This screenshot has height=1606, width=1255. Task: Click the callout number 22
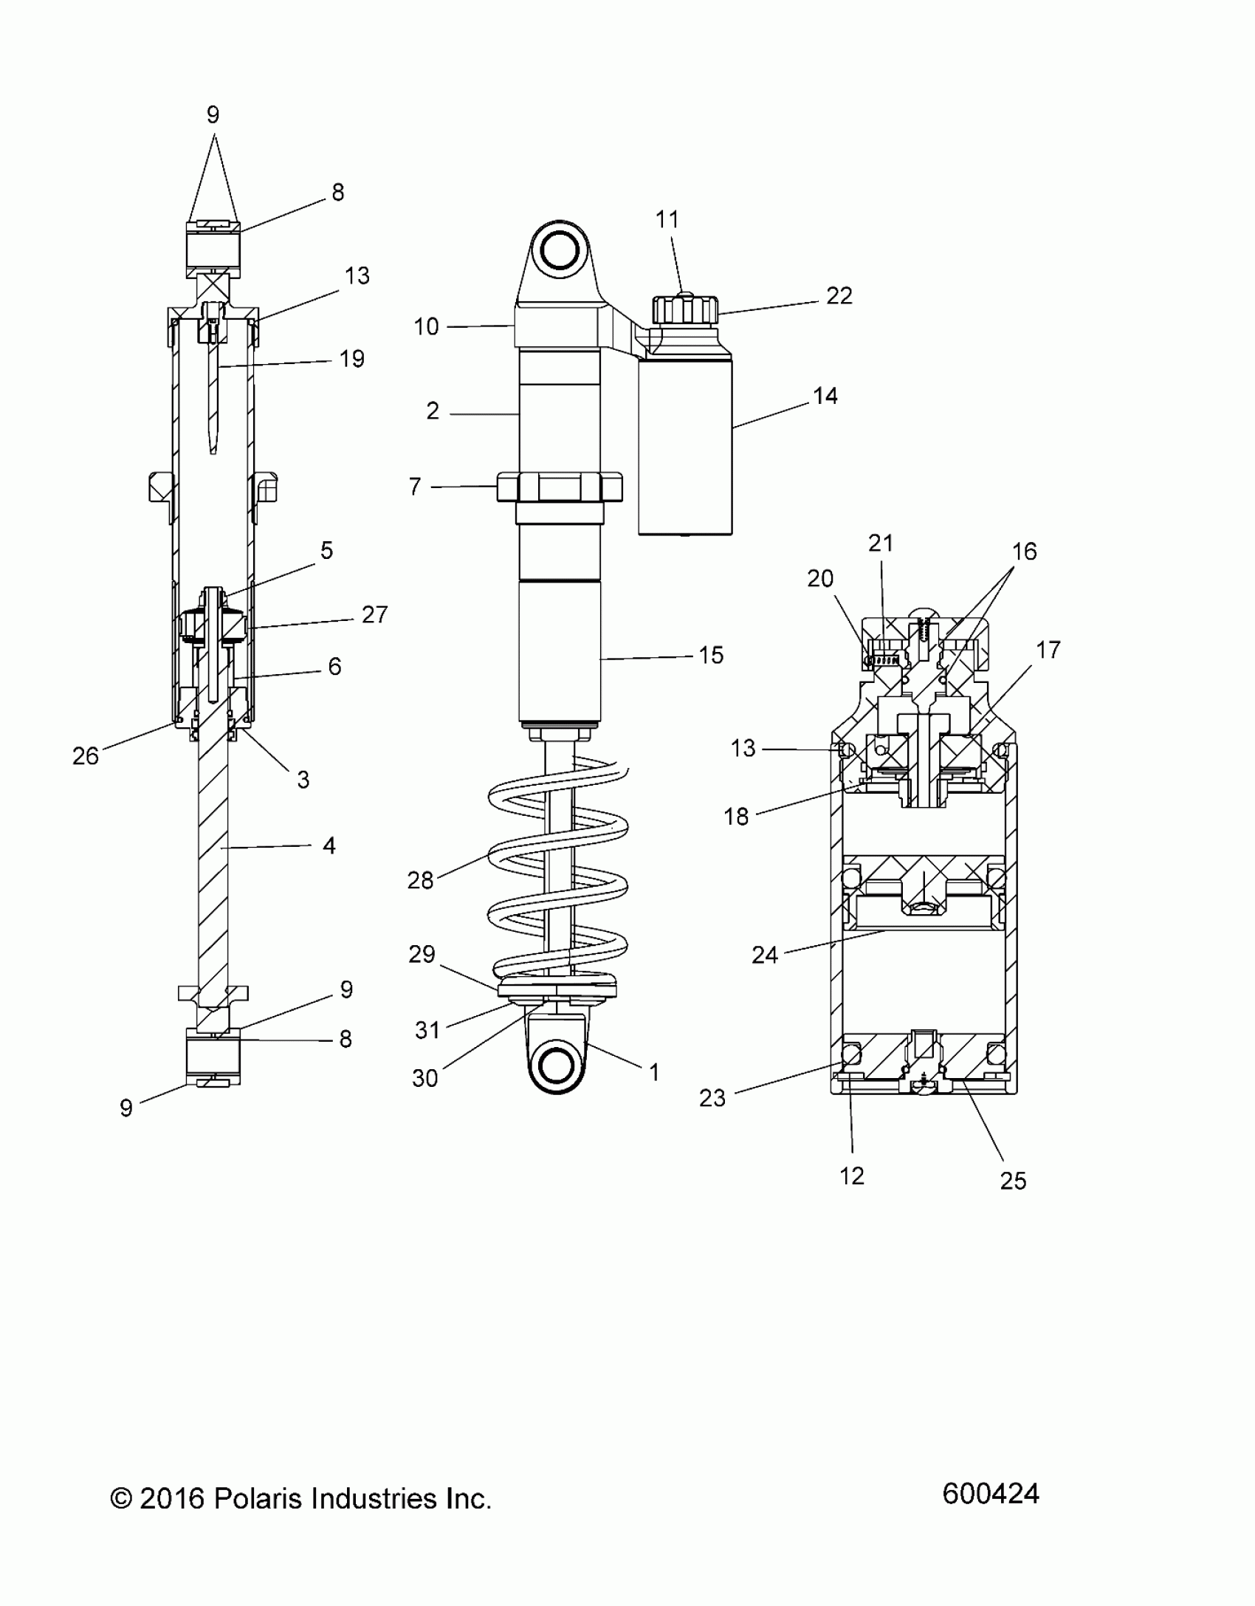point(839,296)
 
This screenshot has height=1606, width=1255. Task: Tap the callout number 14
point(825,396)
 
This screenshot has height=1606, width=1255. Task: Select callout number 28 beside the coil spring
point(420,880)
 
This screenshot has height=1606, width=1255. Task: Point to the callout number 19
point(352,359)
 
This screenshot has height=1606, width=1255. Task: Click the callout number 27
point(374,614)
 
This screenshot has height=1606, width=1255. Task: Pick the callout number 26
point(86,755)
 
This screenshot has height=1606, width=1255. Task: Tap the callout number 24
point(765,955)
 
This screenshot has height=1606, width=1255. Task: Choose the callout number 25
point(1013,1181)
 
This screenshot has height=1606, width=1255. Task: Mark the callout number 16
point(1024,551)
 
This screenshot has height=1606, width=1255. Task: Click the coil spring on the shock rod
point(558,879)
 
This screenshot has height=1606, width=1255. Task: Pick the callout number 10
point(426,326)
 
